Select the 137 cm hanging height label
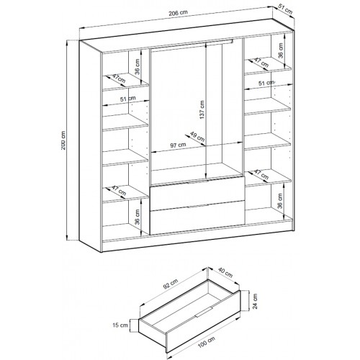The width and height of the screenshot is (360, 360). click(202, 109)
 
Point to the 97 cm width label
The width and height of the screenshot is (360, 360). click(178, 145)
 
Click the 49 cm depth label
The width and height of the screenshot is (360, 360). click(197, 136)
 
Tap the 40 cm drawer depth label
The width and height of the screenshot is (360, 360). click(225, 273)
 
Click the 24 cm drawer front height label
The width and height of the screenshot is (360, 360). click(255, 301)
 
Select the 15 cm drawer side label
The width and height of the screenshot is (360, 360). click(120, 325)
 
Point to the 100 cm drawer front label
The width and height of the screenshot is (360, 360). click(207, 342)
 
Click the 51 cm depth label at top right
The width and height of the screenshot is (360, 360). click(285, 11)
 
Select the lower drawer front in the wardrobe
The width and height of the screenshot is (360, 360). click(197, 217)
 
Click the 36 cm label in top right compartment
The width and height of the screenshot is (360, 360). click(281, 50)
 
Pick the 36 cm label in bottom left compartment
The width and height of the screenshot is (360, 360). click(137, 217)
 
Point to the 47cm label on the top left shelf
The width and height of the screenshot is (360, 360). click(119, 78)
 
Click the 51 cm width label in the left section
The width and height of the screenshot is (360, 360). click(128, 99)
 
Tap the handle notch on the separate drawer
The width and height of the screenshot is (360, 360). click(204, 312)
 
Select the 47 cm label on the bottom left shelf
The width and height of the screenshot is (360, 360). click(119, 191)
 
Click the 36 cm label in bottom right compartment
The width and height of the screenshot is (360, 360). click(280, 201)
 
